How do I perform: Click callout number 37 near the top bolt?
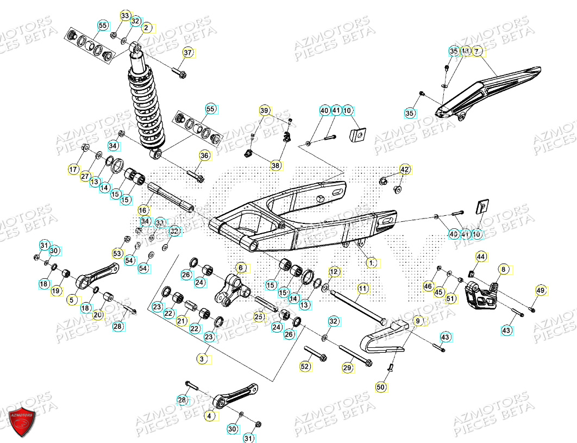point(188,53)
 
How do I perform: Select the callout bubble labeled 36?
point(204,155)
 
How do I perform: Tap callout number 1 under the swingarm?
point(372,263)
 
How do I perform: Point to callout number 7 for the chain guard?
point(477,52)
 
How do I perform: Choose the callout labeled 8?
point(504,269)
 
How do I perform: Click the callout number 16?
point(143,210)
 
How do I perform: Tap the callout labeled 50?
point(381,387)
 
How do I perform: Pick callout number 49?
point(540,290)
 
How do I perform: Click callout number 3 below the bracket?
point(202,359)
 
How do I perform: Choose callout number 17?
point(73,170)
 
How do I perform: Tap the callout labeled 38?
point(275,165)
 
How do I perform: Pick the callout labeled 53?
point(118,254)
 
